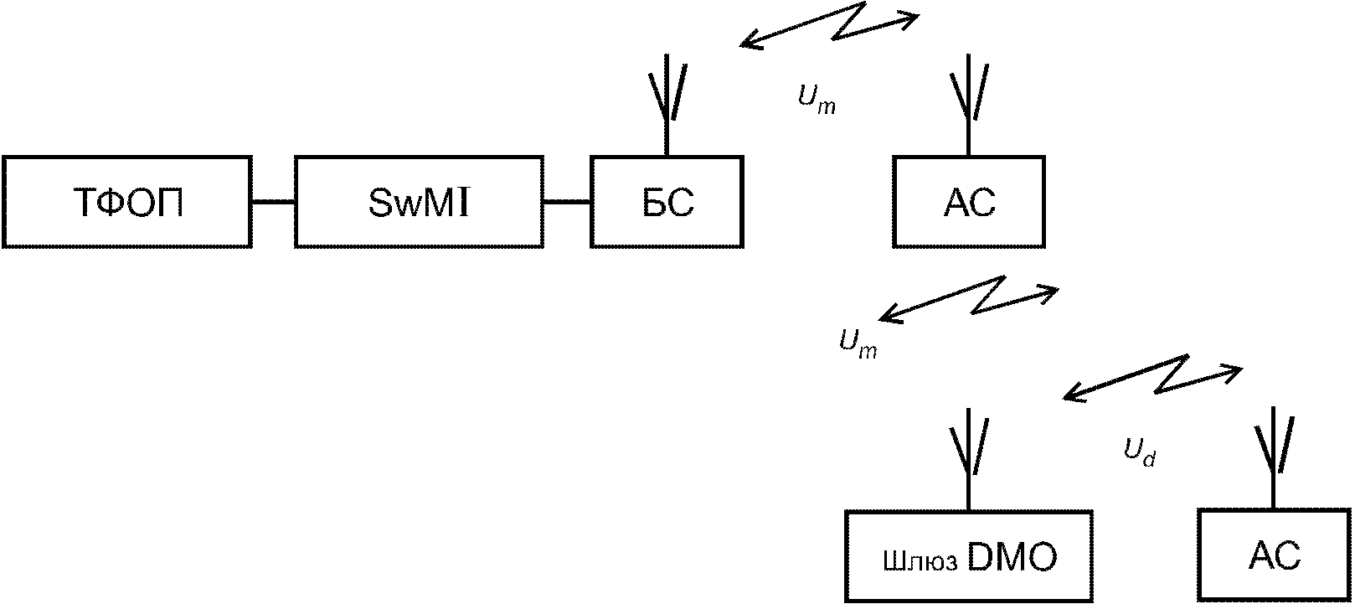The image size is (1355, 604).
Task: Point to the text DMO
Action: [x=1012, y=557]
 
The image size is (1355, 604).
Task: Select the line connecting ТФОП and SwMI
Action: [x=273, y=202]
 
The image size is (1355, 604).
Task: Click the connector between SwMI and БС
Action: [x=567, y=202]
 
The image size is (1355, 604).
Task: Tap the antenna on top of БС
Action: [x=667, y=106]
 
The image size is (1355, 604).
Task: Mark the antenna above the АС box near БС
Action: [x=968, y=106]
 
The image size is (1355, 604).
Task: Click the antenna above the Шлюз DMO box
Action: [x=968, y=460]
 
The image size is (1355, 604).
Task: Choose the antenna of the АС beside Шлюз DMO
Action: [x=1274, y=459]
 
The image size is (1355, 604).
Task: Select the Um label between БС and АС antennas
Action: [x=817, y=99]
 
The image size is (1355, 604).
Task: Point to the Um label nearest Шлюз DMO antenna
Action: [x=858, y=344]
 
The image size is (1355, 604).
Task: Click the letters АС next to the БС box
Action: [x=969, y=203]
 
